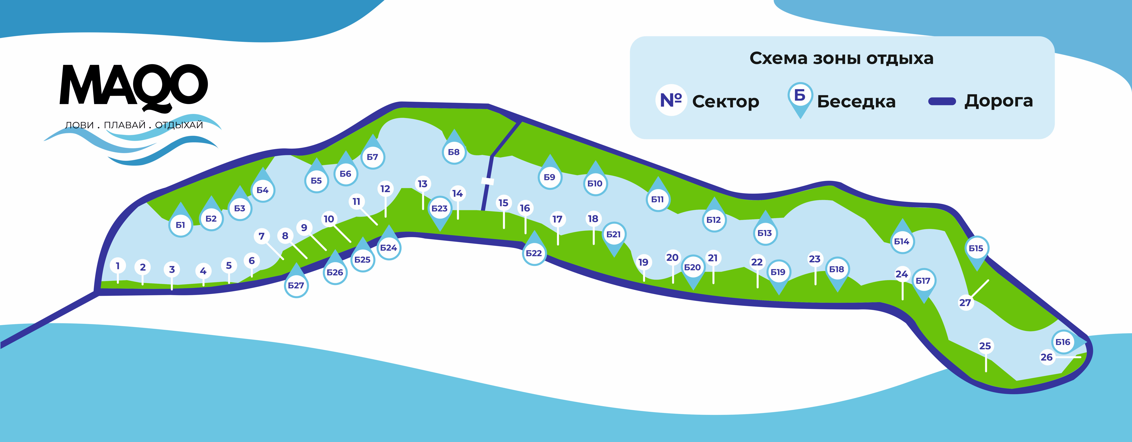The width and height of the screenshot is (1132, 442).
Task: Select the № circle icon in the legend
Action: pyautogui.click(x=671, y=100)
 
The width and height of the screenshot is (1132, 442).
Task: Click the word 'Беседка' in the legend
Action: pyautogui.click(x=856, y=102)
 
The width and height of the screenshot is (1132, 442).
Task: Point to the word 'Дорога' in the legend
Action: pyautogui.click(x=998, y=101)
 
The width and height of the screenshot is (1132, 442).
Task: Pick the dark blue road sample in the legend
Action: pyautogui.click(x=942, y=102)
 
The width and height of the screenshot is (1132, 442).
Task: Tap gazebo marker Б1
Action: pyautogui.click(x=181, y=225)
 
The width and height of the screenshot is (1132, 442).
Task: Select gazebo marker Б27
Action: pyautogui.click(x=296, y=285)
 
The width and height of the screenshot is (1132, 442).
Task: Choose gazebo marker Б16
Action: pyautogui.click(x=1063, y=342)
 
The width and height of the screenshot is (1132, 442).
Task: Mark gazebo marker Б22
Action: pyautogui.click(x=534, y=253)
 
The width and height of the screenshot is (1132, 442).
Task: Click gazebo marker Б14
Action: pyautogui.click(x=902, y=241)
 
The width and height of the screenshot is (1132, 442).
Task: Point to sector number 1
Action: pyautogui.click(x=118, y=266)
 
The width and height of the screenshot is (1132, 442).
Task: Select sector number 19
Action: pyautogui.click(x=643, y=262)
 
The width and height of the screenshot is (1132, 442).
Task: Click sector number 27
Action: pyautogui.click(x=965, y=303)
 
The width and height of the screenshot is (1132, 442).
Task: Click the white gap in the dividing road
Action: pyautogui.click(x=487, y=181)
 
